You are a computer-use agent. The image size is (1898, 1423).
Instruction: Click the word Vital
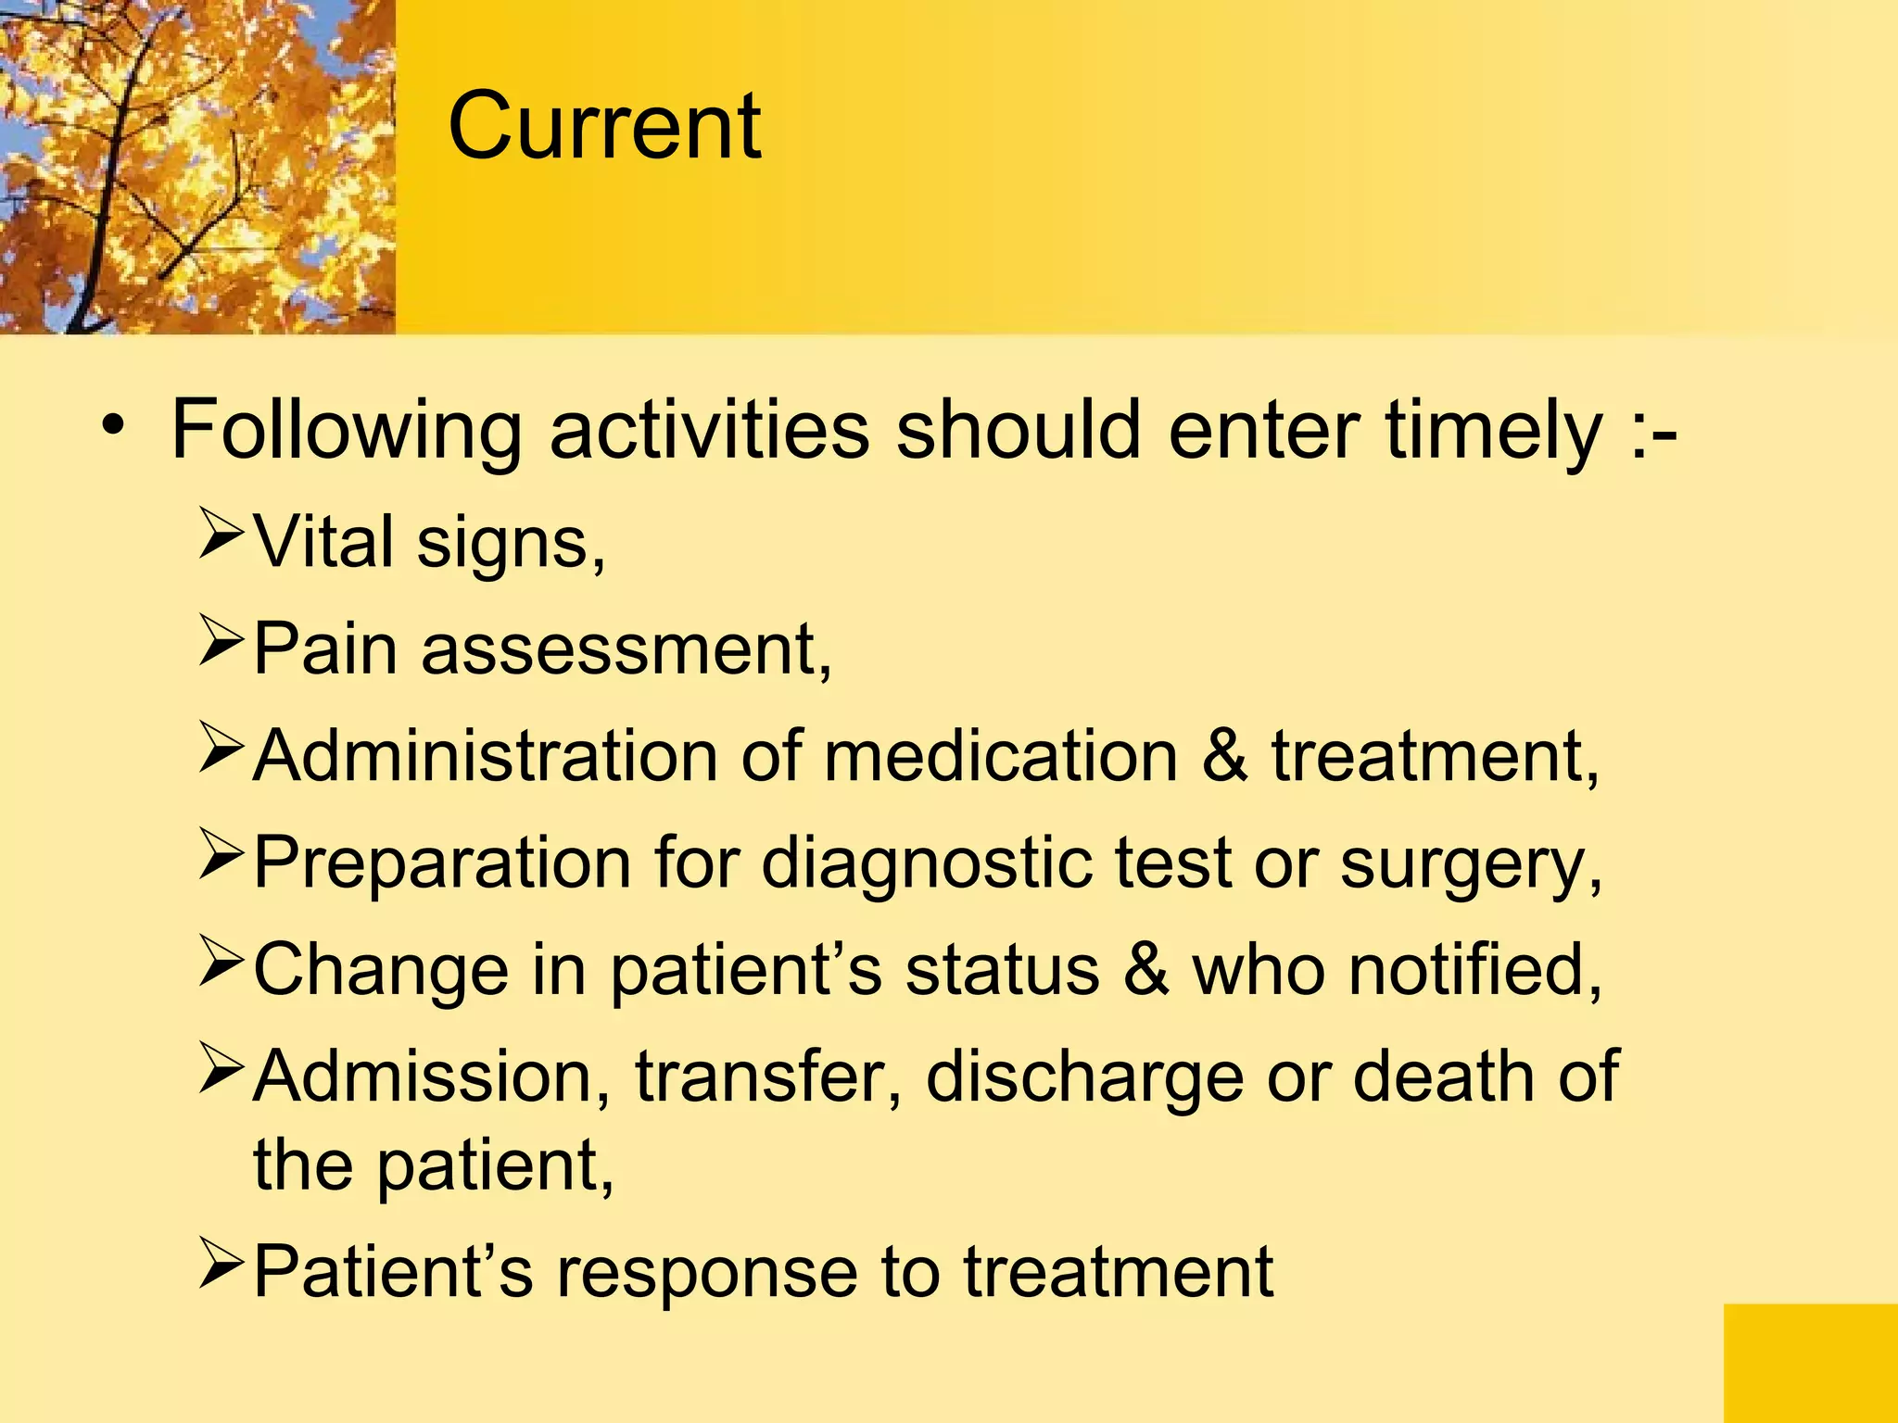tap(324, 541)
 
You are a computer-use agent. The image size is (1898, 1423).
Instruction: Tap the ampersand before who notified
tap(1145, 969)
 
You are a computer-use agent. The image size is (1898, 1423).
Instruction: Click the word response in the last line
tap(705, 1273)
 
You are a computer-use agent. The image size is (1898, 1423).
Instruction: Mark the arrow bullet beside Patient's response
tap(221, 1265)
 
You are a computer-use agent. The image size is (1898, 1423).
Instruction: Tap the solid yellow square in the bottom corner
tap(1810, 1363)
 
